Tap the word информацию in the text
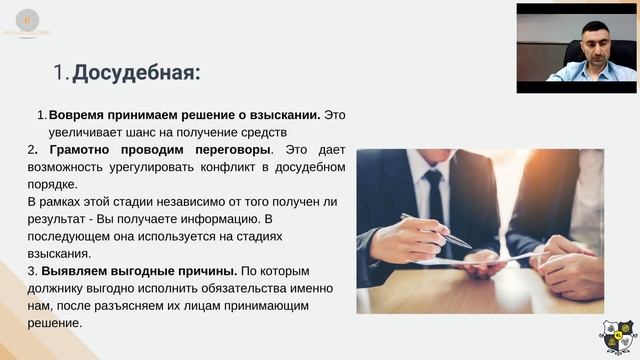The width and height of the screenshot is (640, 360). pyautogui.click(x=235, y=219)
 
